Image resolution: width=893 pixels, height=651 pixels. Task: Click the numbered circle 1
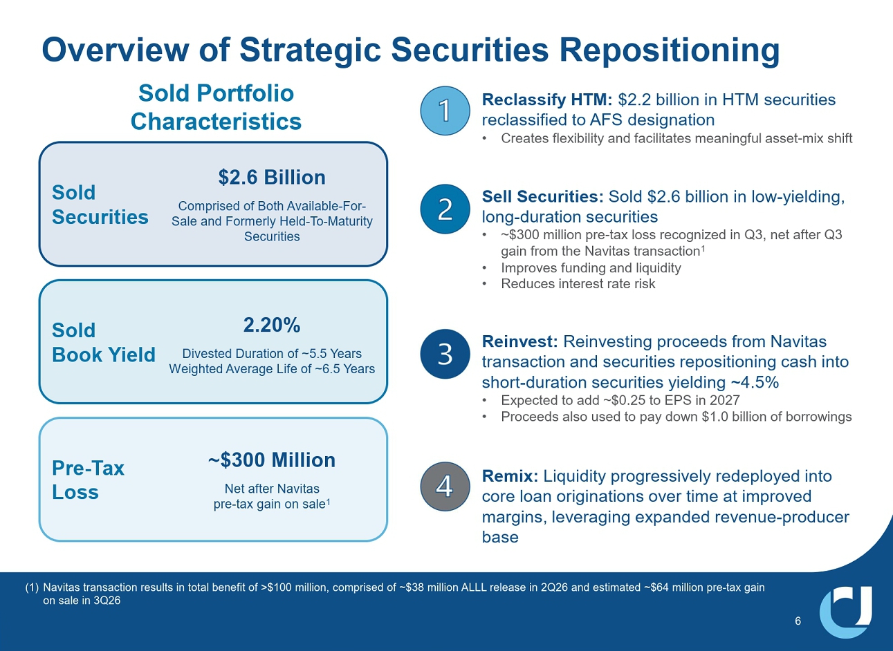[x=445, y=111]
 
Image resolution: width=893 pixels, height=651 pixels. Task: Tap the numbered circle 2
[x=445, y=209]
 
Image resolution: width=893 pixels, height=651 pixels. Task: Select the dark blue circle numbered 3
[x=445, y=354]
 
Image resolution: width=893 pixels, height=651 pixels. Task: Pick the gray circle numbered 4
[x=445, y=486]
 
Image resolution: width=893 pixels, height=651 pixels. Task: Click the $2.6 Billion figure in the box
[x=272, y=178]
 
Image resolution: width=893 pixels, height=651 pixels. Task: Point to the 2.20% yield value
[x=272, y=325]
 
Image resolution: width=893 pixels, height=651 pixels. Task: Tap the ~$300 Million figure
[x=272, y=460]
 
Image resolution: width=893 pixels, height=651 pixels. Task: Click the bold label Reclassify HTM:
[x=547, y=100]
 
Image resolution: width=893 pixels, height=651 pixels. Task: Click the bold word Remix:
[x=510, y=476]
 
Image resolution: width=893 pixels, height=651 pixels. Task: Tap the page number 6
[x=798, y=621]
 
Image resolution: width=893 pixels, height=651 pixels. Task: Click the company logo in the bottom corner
[x=845, y=612]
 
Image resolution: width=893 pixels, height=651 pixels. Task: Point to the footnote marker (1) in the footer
[x=32, y=587]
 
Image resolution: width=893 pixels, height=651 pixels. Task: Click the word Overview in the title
[x=116, y=50]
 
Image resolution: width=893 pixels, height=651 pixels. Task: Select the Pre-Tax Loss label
[x=88, y=480]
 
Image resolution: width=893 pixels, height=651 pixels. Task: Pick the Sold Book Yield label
[x=104, y=342]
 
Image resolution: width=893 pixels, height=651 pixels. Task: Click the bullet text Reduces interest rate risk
[x=578, y=283]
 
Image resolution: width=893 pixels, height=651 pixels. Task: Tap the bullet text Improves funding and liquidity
[x=591, y=267]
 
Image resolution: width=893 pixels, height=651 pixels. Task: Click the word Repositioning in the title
[x=670, y=51]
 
